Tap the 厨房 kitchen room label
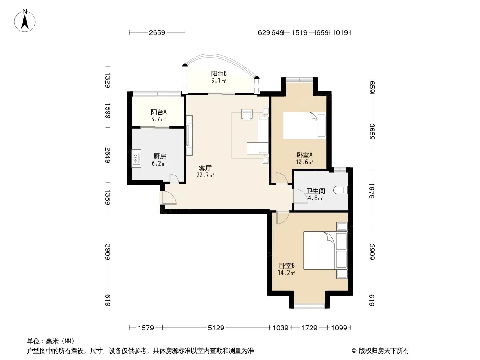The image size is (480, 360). tap(159, 157)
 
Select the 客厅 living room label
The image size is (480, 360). tap(205, 168)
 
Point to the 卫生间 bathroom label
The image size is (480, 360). tap(315, 191)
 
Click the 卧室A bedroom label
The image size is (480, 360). tap(304, 155)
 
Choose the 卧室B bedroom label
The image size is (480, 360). tap(286, 265)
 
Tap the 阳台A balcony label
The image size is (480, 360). tap(158, 112)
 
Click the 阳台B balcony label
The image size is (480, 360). tap(218, 74)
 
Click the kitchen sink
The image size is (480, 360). tap(136, 158)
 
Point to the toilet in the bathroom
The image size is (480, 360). tap(340, 190)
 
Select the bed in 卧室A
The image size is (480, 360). tap(304, 126)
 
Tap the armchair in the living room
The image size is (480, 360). tap(247, 114)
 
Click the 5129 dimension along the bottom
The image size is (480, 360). tap(216, 328)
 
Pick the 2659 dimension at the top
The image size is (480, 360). tap(157, 32)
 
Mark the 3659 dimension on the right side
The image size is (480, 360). tap(372, 131)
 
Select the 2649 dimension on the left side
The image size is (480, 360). tap(108, 155)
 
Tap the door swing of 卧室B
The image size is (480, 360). tap(282, 217)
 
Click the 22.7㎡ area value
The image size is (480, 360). tap(205, 175)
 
